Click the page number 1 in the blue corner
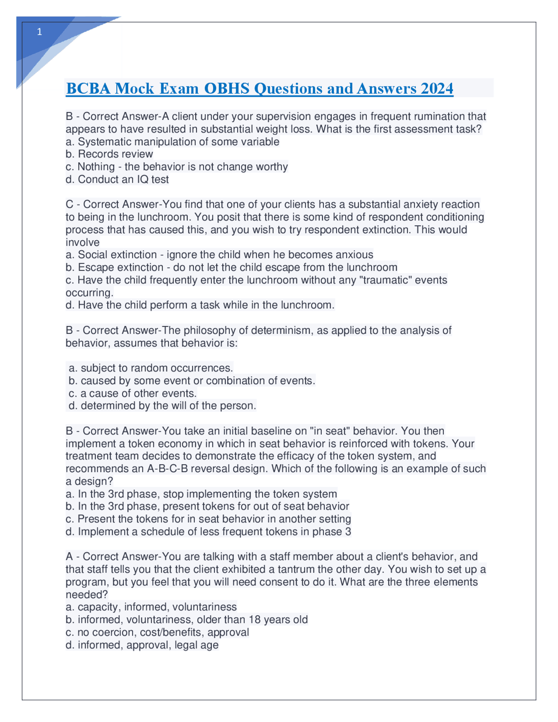coord(40,32)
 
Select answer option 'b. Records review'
coord(109,154)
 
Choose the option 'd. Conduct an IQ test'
coord(117,180)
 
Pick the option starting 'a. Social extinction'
coord(219,255)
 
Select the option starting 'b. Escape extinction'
coord(231,267)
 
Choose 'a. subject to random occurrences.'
coord(151,368)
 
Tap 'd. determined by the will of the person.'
coord(162,406)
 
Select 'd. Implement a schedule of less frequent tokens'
coord(208,532)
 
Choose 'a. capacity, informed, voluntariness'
coord(151,607)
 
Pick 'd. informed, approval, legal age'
coord(142,645)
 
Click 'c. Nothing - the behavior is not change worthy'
coord(177,167)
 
